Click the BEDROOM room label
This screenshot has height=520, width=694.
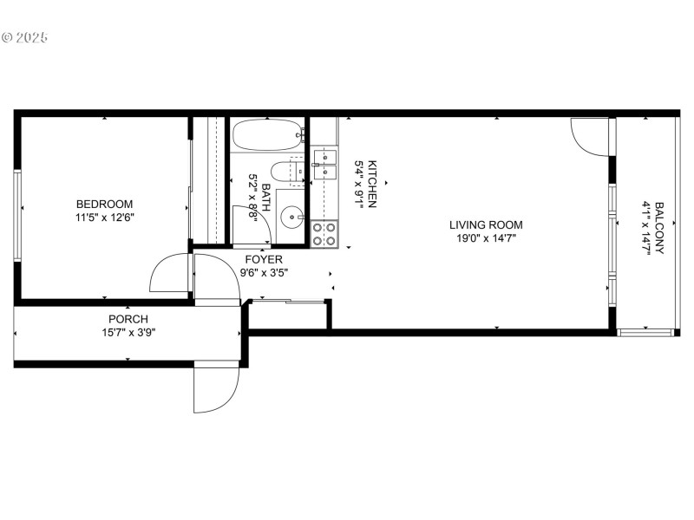tap(104, 204)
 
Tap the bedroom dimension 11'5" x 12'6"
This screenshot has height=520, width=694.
tap(104, 218)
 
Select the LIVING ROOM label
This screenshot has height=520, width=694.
tap(485, 225)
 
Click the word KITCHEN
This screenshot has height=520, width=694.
tap(372, 184)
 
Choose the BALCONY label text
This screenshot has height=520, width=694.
tap(659, 227)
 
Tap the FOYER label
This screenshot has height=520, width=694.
tap(263, 259)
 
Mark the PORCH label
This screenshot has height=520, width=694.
tap(128, 319)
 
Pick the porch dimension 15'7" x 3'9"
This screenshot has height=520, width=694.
tap(128, 331)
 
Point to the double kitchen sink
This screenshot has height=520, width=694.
tap(324, 163)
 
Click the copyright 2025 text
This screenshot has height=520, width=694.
tap(25, 38)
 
